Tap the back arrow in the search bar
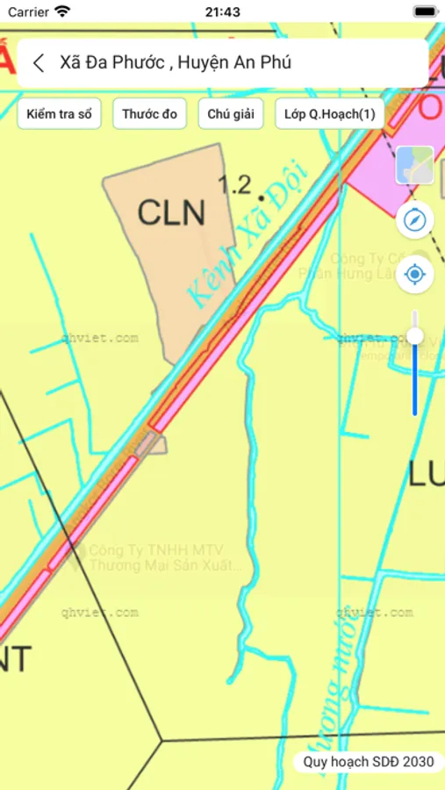(38, 62)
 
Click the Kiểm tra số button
(60, 114)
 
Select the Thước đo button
(149, 114)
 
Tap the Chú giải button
(231, 114)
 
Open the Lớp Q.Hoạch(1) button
(329, 114)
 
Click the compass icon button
(415, 219)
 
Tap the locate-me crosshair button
(415, 276)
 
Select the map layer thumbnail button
(415, 165)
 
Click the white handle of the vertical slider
(415, 335)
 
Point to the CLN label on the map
(171, 212)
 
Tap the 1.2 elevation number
(234, 184)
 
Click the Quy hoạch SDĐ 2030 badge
(368, 762)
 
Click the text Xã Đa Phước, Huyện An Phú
(176, 62)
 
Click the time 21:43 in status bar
(222, 12)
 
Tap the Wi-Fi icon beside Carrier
(62, 12)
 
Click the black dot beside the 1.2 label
(261, 186)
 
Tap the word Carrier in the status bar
(28, 12)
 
